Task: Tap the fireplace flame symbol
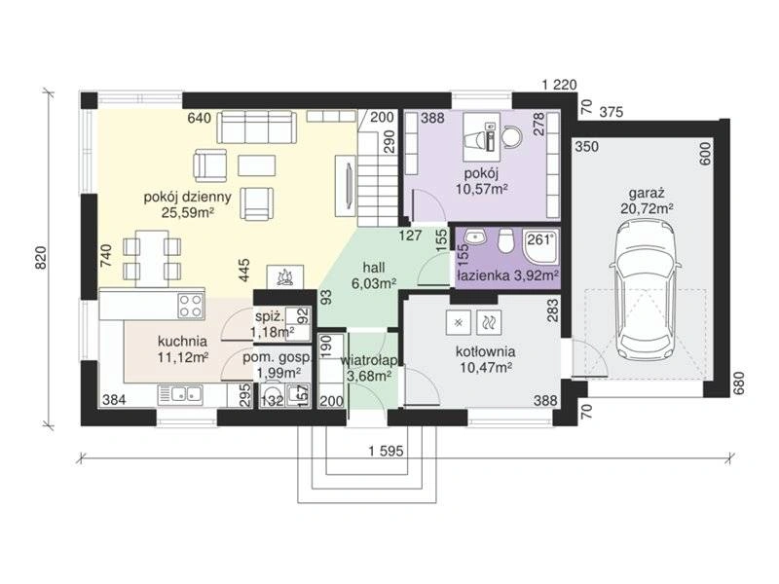pos(284,277)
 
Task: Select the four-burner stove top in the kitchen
pos(191,305)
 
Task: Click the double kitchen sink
pos(180,395)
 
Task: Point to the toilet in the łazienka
pos(506,239)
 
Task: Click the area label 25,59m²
pos(188,212)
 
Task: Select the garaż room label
pos(647,193)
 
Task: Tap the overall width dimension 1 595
pos(386,452)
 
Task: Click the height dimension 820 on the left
pos(41,258)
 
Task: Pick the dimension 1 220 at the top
pos(559,85)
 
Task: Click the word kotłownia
pos(485,352)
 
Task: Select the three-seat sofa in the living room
pos(256,127)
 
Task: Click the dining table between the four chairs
pos(152,258)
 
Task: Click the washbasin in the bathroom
pos(476,237)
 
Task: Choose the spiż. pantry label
pos(270,316)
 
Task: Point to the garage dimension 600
pos(707,153)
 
